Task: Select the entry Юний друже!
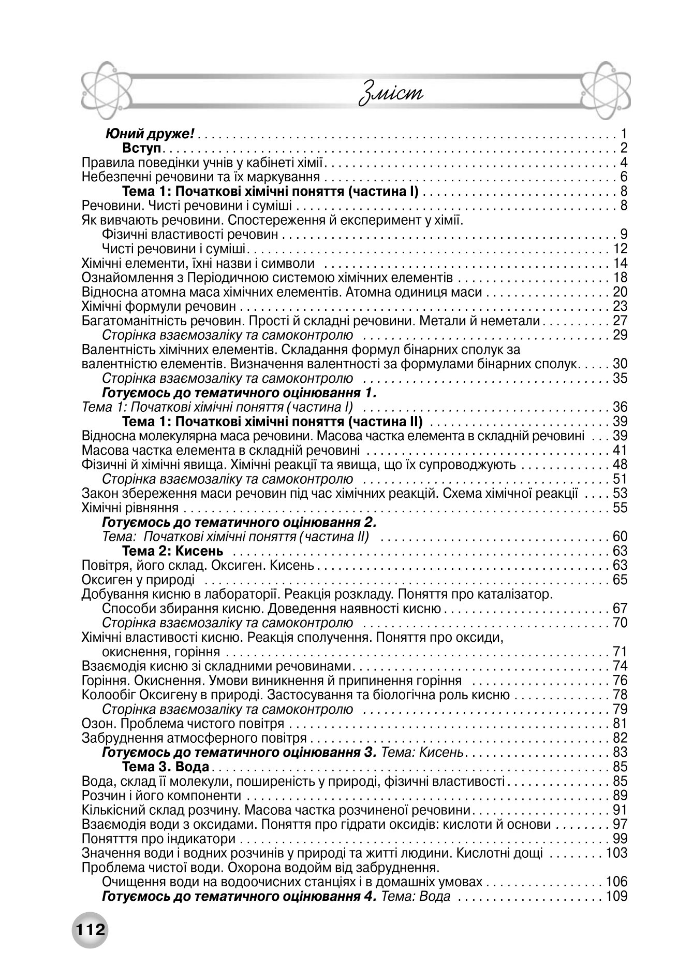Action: coord(150,135)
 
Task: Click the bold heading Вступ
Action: coord(143,149)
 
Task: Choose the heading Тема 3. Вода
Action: coord(166,766)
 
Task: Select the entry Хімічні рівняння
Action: coord(130,508)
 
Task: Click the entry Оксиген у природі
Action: coord(138,580)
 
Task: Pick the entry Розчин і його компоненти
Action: coord(161,795)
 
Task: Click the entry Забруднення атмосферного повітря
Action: coord(194,738)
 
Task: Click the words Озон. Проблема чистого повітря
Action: coord(183,723)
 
